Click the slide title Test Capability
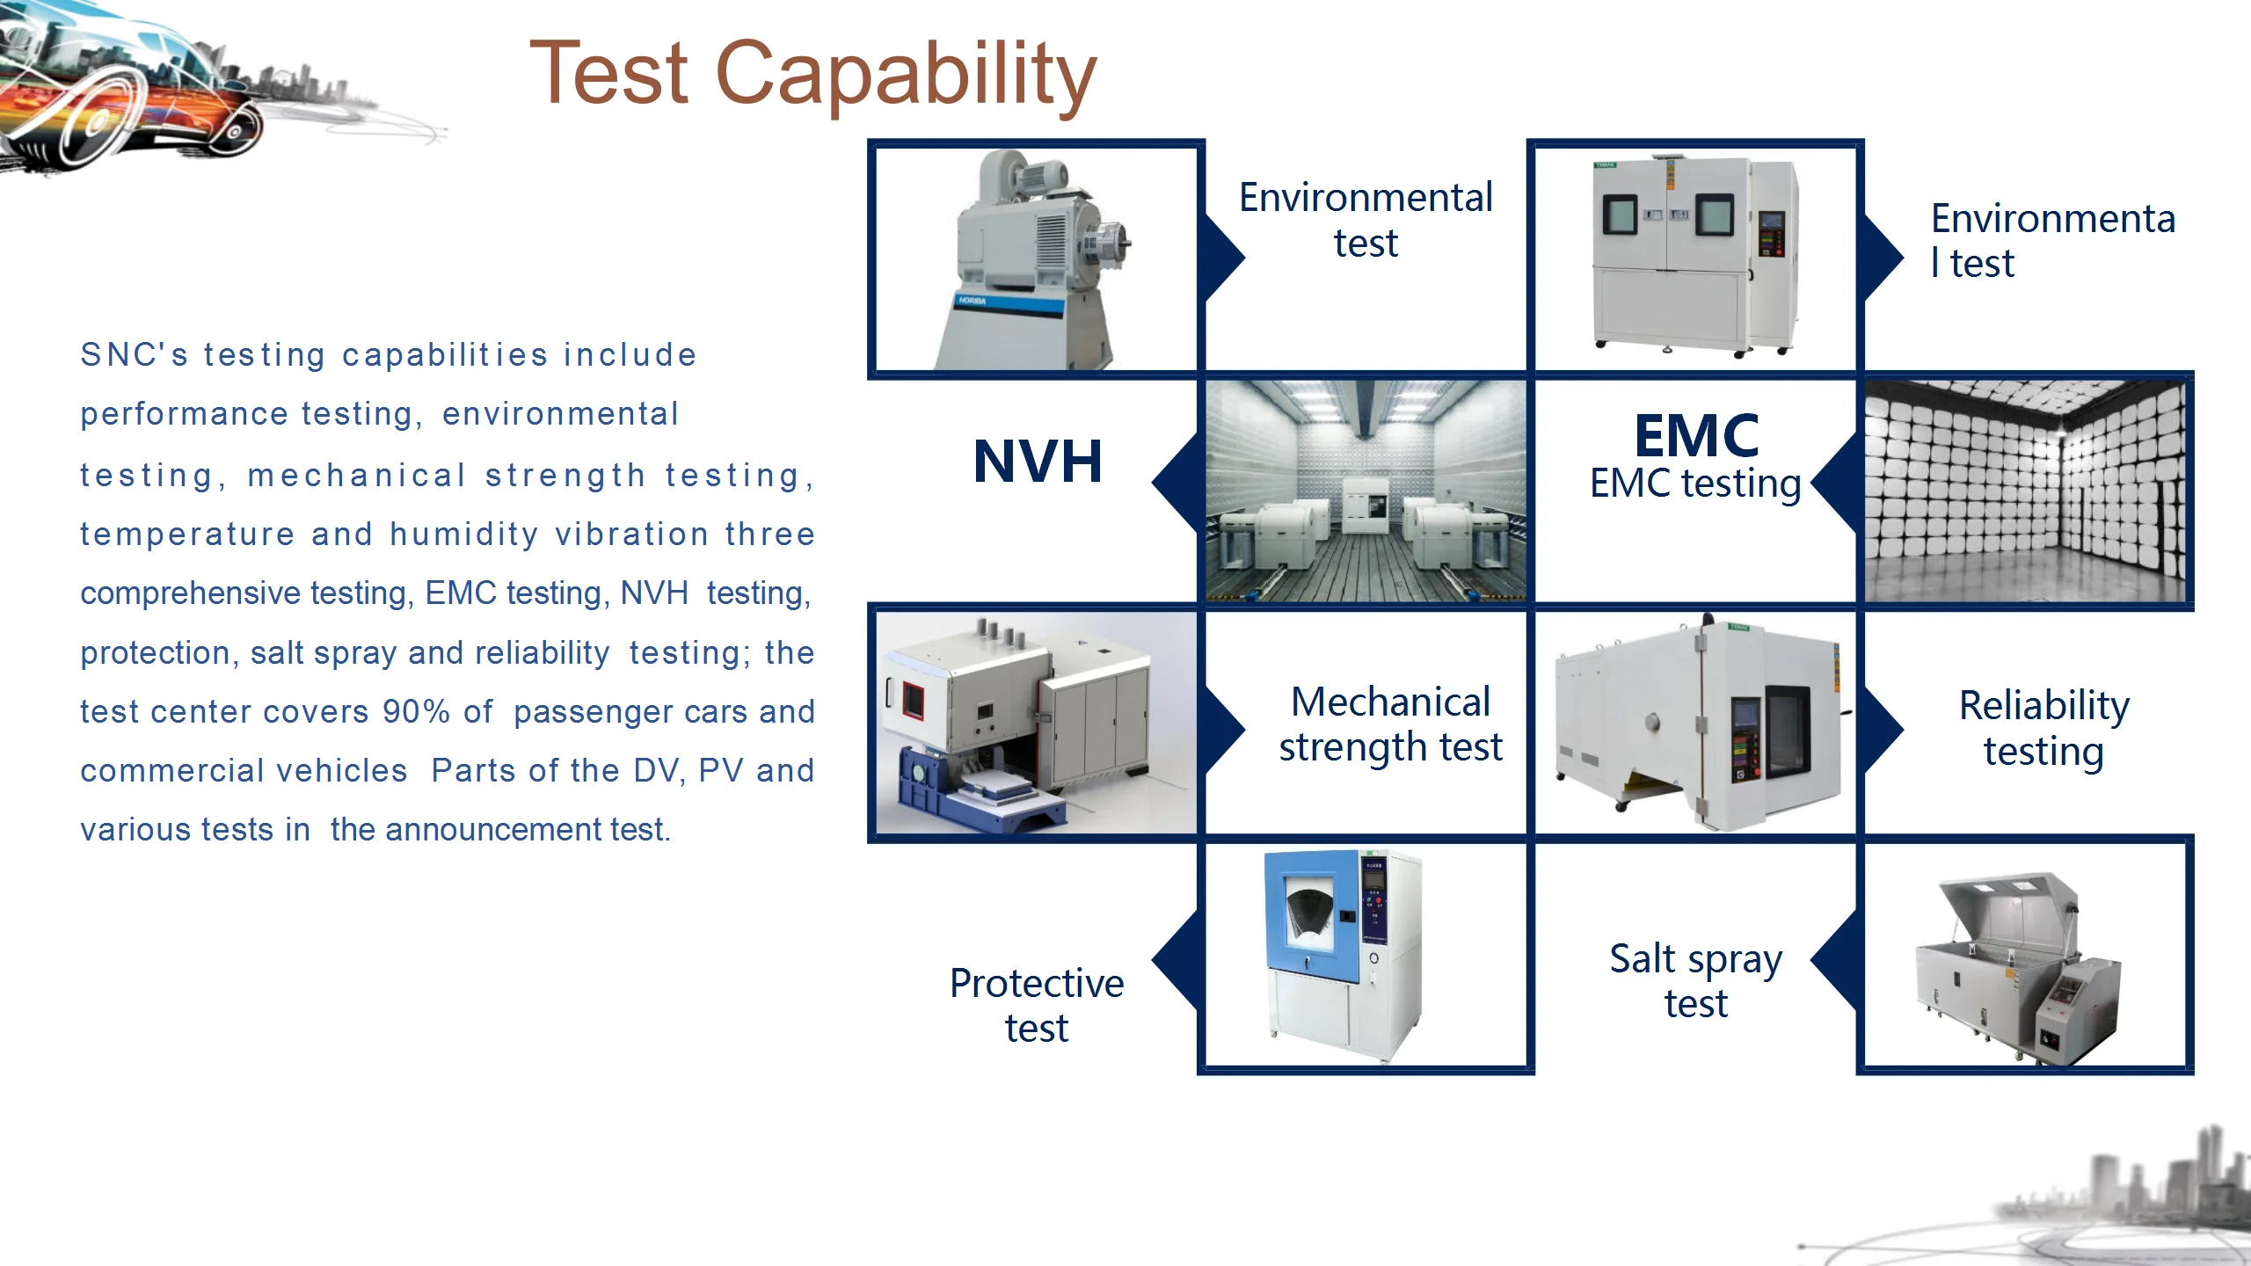(813, 75)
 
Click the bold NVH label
(1038, 462)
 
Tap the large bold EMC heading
(1696, 435)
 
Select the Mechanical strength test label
(1390, 724)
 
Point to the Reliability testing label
(2044, 728)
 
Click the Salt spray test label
(1696, 980)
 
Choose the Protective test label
(1037, 1005)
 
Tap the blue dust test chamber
(1343, 956)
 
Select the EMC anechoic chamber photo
(2025, 491)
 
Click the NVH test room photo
(1366, 491)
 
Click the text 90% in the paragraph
(416, 711)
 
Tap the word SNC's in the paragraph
(135, 355)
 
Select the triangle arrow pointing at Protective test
(1175, 959)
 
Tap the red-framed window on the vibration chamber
(914, 700)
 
